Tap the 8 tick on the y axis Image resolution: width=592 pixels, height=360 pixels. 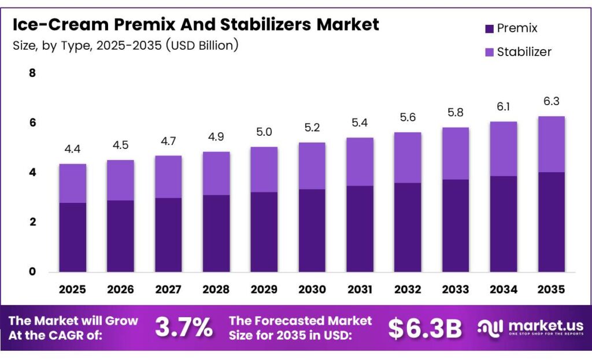[32, 73]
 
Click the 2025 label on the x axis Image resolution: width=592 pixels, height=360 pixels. [73, 289]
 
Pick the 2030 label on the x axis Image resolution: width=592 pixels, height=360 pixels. [312, 289]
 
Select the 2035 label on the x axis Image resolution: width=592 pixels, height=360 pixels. [551, 289]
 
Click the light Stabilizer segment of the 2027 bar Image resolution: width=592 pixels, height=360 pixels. [169, 177]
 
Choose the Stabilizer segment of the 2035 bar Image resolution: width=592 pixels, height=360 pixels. [551, 144]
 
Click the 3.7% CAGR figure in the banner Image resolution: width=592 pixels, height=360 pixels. [183, 328]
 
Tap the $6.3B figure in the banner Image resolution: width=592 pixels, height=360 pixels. [425, 328]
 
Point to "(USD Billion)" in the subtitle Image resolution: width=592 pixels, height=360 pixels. [202, 45]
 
